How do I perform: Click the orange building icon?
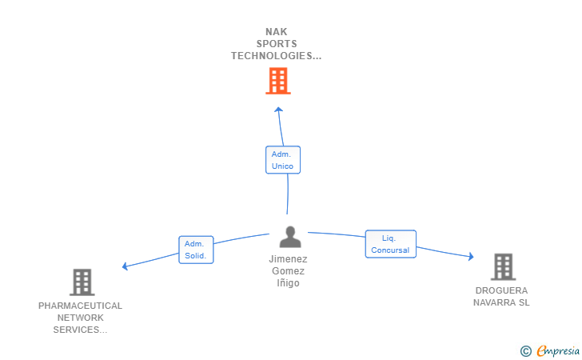coord(278,81)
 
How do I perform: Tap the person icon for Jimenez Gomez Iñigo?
coord(290,237)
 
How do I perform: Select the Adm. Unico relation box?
coord(283,160)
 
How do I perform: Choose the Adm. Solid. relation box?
coord(196,250)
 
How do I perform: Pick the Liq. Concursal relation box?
coord(390,244)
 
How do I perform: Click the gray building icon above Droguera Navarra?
coord(504,266)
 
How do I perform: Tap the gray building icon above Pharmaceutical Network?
coord(82,282)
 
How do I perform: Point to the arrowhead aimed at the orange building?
coord(279,110)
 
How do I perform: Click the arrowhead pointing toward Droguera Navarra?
coord(471,256)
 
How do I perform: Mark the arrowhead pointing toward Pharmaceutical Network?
coord(125,266)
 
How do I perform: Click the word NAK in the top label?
coord(277,32)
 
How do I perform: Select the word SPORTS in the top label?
coord(277,44)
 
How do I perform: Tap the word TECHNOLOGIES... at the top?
coord(276,56)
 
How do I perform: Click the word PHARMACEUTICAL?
coord(80,306)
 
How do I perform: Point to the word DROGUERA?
coord(501,290)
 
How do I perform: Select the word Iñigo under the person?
coord(288,283)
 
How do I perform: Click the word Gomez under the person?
coord(288,271)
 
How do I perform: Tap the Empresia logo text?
coord(558,350)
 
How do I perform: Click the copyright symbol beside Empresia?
coord(526,351)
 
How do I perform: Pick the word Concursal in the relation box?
coord(390,250)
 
